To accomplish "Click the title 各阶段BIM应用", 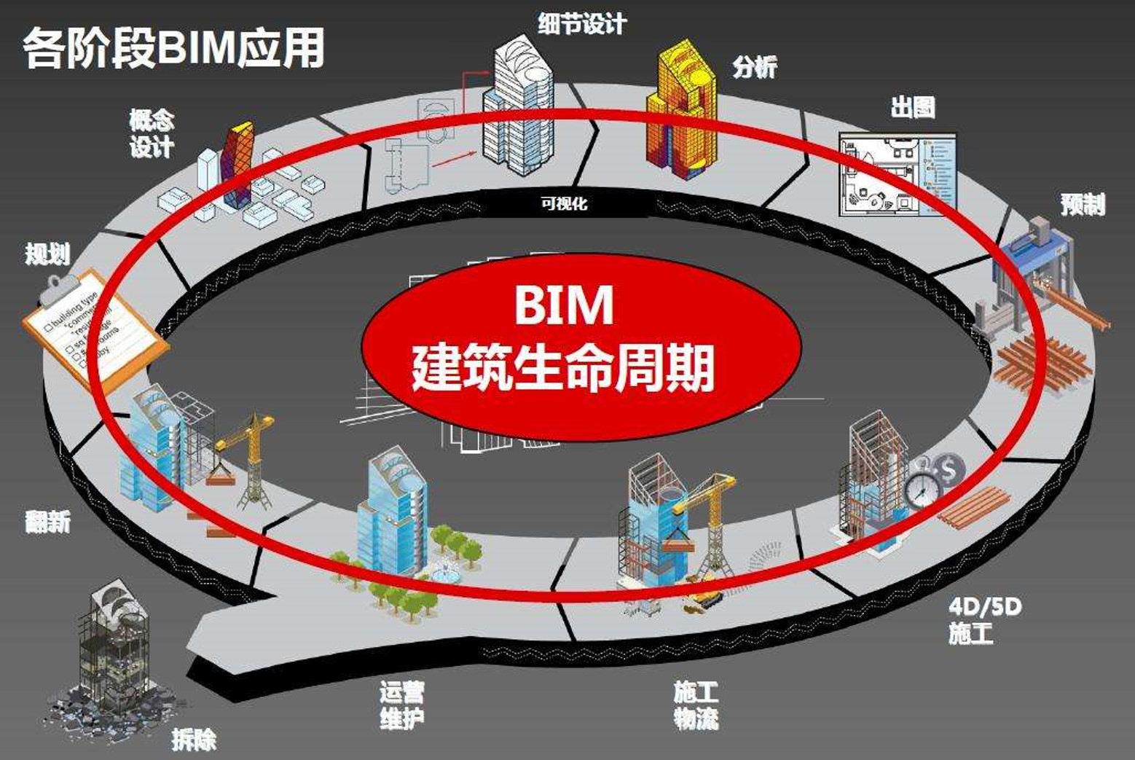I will (173, 48).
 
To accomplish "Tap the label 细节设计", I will (582, 23).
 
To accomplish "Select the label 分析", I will (755, 67).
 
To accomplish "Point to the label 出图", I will (912, 107).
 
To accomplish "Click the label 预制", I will (1083, 205).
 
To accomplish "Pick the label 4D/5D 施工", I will (984, 619).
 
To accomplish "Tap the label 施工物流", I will (696, 705).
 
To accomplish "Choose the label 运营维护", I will (401, 705).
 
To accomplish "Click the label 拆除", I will (194, 740).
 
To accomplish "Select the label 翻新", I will (48, 522).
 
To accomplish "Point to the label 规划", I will (48, 254).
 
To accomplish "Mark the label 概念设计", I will (152, 133).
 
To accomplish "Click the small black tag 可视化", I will (564, 204).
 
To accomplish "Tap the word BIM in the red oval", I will (564, 305).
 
